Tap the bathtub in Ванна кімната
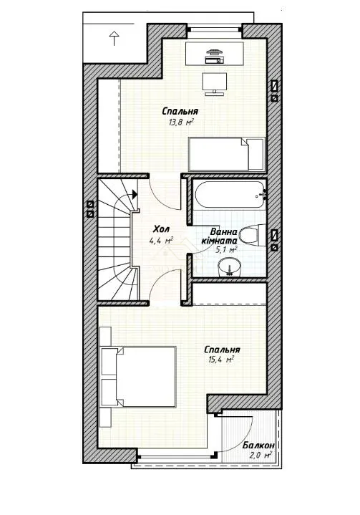point(230,194)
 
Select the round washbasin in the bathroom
point(229,266)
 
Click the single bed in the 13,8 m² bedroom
point(226,154)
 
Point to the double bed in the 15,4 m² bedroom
point(138,377)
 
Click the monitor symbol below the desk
point(215,84)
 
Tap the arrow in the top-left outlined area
point(115,38)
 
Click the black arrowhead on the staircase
point(135,194)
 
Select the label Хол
point(162,229)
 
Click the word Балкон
point(258,446)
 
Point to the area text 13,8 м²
point(181,122)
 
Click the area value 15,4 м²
point(221,360)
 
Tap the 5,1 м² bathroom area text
point(225,250)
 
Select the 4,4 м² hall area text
point(161,241)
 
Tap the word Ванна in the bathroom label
point(224,232)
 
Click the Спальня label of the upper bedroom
point(180,111)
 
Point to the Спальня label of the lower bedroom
point(222,350)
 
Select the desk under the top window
point(215,53)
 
